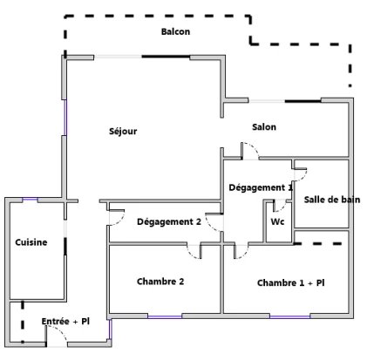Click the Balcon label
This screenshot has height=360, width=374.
point(175,31)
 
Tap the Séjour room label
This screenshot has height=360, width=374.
point(123,131)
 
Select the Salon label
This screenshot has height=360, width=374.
point(264,127)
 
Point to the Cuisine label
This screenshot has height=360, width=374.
point(31,242)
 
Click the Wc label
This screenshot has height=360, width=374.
point(277,221)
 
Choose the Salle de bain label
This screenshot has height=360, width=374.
point(332,200)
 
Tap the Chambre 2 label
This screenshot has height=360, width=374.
point(160,282)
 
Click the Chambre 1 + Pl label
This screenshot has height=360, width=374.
point(291,282)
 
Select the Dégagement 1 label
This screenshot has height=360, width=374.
point(261,187)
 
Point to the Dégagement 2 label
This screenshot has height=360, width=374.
point(169,222)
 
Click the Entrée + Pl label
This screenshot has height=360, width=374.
point(65,322)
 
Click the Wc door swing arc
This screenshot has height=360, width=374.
point(282,207)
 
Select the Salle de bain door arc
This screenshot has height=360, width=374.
point(303,176)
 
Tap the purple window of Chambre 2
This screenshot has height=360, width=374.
point(165,316)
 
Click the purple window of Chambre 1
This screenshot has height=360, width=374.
point(290,316)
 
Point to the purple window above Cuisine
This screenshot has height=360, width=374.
point(31,200)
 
